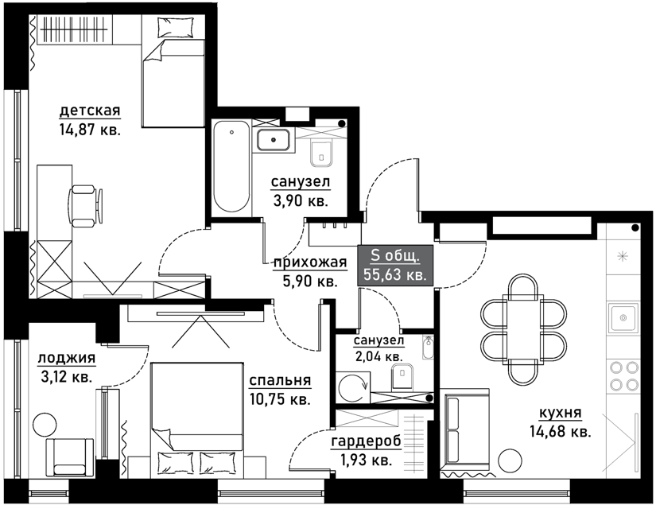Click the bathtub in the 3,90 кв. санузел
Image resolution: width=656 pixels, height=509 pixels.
[232, 166]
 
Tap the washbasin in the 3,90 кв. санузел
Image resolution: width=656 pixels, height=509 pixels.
[274, 140]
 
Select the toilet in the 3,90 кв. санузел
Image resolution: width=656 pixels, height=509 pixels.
[321, 153]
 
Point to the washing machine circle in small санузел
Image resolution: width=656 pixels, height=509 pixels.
[354, 387]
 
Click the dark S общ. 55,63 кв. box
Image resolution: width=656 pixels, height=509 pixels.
[395, 266]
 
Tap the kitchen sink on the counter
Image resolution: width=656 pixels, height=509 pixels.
[623, 317]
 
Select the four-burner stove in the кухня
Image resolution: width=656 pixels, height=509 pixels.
[623, 376]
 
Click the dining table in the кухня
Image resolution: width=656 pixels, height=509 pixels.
[523, 328]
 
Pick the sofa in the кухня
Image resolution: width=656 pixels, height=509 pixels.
[466, 431]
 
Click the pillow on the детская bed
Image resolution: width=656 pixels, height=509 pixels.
[175, 28]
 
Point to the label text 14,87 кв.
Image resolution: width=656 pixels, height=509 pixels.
[90, 130]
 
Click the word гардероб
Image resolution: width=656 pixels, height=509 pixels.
[367, 441]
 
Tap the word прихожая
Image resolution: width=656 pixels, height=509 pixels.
[310, 262]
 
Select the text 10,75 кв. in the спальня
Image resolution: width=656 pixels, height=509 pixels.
[281, 399]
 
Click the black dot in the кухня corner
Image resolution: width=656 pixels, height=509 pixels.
[635, 228]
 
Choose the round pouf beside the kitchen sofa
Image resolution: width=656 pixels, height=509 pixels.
[510, 460]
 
